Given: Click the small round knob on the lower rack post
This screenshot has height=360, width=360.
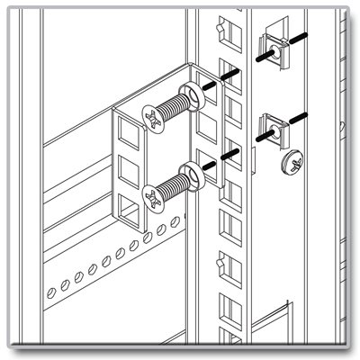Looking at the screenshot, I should coord(220,266).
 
